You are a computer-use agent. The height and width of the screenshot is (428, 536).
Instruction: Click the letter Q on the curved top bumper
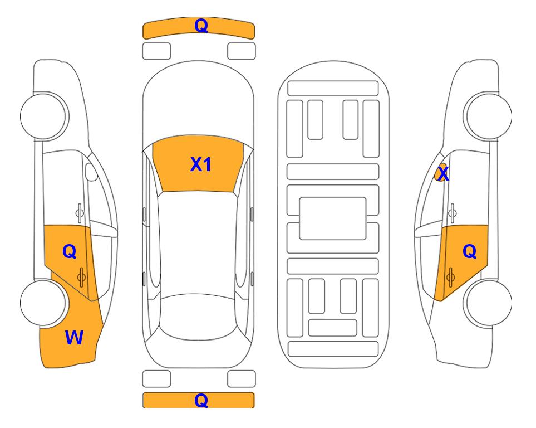click(x=201, y=25)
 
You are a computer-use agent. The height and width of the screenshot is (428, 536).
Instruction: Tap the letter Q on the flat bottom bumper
click(x=201, y=400)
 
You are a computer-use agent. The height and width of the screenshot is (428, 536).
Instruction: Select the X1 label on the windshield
click(x=201, y=164)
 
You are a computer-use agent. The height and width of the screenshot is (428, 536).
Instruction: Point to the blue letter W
click(x=74, y=338)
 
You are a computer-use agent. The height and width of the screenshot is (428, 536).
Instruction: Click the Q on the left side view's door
click(x=70, y=252)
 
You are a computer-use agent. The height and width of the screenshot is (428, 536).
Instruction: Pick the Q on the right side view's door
click(x=469, y=251)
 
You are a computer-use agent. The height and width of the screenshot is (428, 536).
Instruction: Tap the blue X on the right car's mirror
click(x=443, y=173)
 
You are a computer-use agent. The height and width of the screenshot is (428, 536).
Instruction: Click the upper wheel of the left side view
click(x=43, y=116)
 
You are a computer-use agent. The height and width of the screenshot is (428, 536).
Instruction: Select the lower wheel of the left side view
click(x=43, y=303)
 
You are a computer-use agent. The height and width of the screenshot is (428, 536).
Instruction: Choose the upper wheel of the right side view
click(x=489, y=116)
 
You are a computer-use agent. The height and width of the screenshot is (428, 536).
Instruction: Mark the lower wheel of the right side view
click(x=489, y=303)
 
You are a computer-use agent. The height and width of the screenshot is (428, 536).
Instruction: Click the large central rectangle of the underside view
click(x=333, y=218)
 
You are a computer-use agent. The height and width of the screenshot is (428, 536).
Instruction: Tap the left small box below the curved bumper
click(x=156, y=51)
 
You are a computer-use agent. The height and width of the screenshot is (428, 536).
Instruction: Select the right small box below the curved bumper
click(x=242, y=51)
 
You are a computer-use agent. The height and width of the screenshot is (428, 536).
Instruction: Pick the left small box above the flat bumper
click(x=156, y=379)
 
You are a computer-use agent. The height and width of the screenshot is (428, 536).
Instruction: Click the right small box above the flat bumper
click(x=242, y=379)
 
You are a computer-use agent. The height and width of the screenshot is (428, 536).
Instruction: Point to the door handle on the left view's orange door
click(x=81, y=277)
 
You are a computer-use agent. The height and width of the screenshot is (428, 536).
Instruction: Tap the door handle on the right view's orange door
click(x=450, y=277)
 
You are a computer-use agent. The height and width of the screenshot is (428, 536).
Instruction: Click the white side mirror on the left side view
click(x=91, y=172)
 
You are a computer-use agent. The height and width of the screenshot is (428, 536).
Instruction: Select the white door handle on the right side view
click(x=452, y=213)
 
